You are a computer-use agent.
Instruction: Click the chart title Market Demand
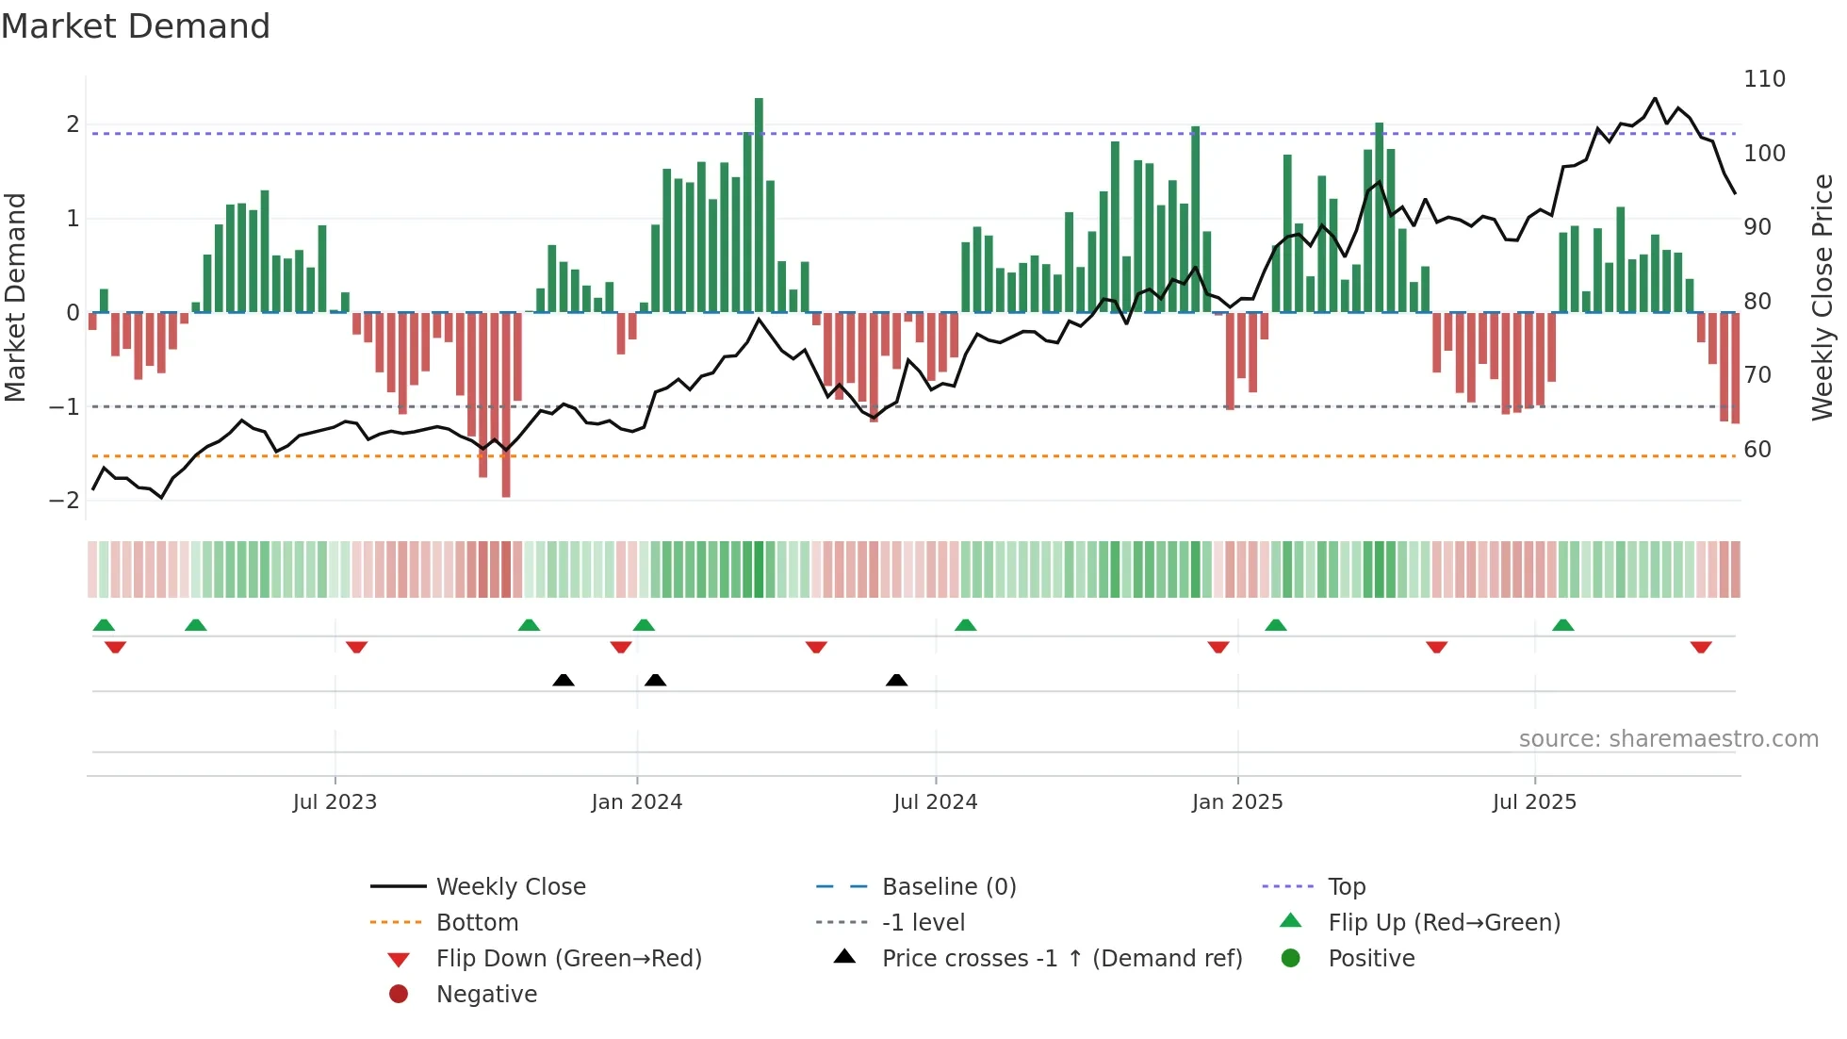[136, 25]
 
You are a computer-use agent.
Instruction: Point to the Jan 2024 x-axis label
[636, 802]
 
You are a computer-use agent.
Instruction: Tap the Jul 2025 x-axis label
[1534, 802]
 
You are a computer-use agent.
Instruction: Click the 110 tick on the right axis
[1764, 79]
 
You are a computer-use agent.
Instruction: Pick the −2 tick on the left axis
[64, 500]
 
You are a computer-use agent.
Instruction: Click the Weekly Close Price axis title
[1822, 297]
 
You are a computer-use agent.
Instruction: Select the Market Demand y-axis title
[16, 297]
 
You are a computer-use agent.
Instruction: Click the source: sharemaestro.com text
[1668, 739]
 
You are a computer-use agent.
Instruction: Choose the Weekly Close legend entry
[510, 887]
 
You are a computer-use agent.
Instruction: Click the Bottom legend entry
[477, 923]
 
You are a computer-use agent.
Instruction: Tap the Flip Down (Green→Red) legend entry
[568, 959]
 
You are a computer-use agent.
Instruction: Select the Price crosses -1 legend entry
[1061, 959]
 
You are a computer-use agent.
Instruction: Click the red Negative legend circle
[399, 994]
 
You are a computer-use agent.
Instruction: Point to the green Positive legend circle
[1291, 958]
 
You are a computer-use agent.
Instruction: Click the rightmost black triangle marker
[897, 680]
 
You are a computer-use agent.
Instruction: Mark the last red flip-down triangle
[1701, 647]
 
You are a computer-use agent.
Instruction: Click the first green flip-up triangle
[104, 625]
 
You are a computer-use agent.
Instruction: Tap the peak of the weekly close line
[1655, 98]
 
